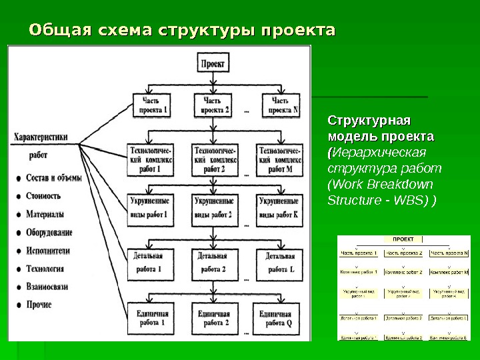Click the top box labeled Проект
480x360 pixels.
click(x=213, y=64)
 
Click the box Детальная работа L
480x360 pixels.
click(x=280, y=263)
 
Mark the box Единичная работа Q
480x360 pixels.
click(x=280, y=317)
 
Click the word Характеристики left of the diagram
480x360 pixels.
click(x=40, y=137)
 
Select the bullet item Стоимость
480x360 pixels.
click(x=43, y=196)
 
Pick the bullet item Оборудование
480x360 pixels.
click(x=49, y=233)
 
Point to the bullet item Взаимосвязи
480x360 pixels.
click(x=47, y=287)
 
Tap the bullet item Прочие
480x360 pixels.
click(x=39, y=305)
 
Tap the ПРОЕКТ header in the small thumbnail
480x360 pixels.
click(x=403, y=239)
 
